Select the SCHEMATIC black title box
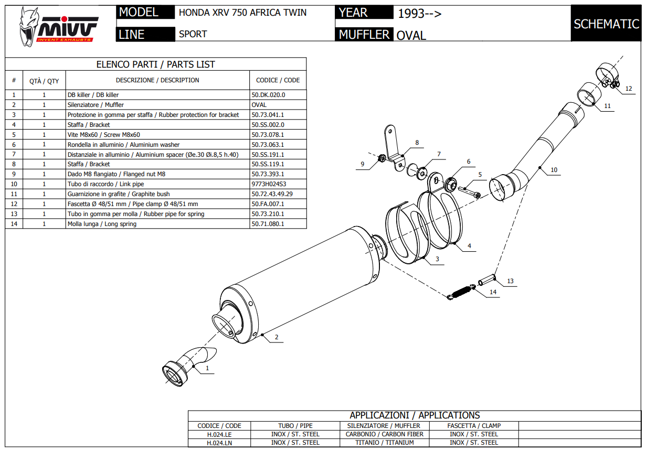pos(606,24)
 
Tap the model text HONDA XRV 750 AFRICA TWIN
pos(242,13)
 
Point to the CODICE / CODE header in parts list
pos(278,80)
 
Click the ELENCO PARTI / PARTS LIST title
pos(155,65)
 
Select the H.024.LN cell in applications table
pos(219,443)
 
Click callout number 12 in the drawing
pos(628,88)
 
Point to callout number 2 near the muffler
pos(277,337)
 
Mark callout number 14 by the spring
pos(492,292)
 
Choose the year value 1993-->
pos(419,14)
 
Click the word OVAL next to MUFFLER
pos(411,36)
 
